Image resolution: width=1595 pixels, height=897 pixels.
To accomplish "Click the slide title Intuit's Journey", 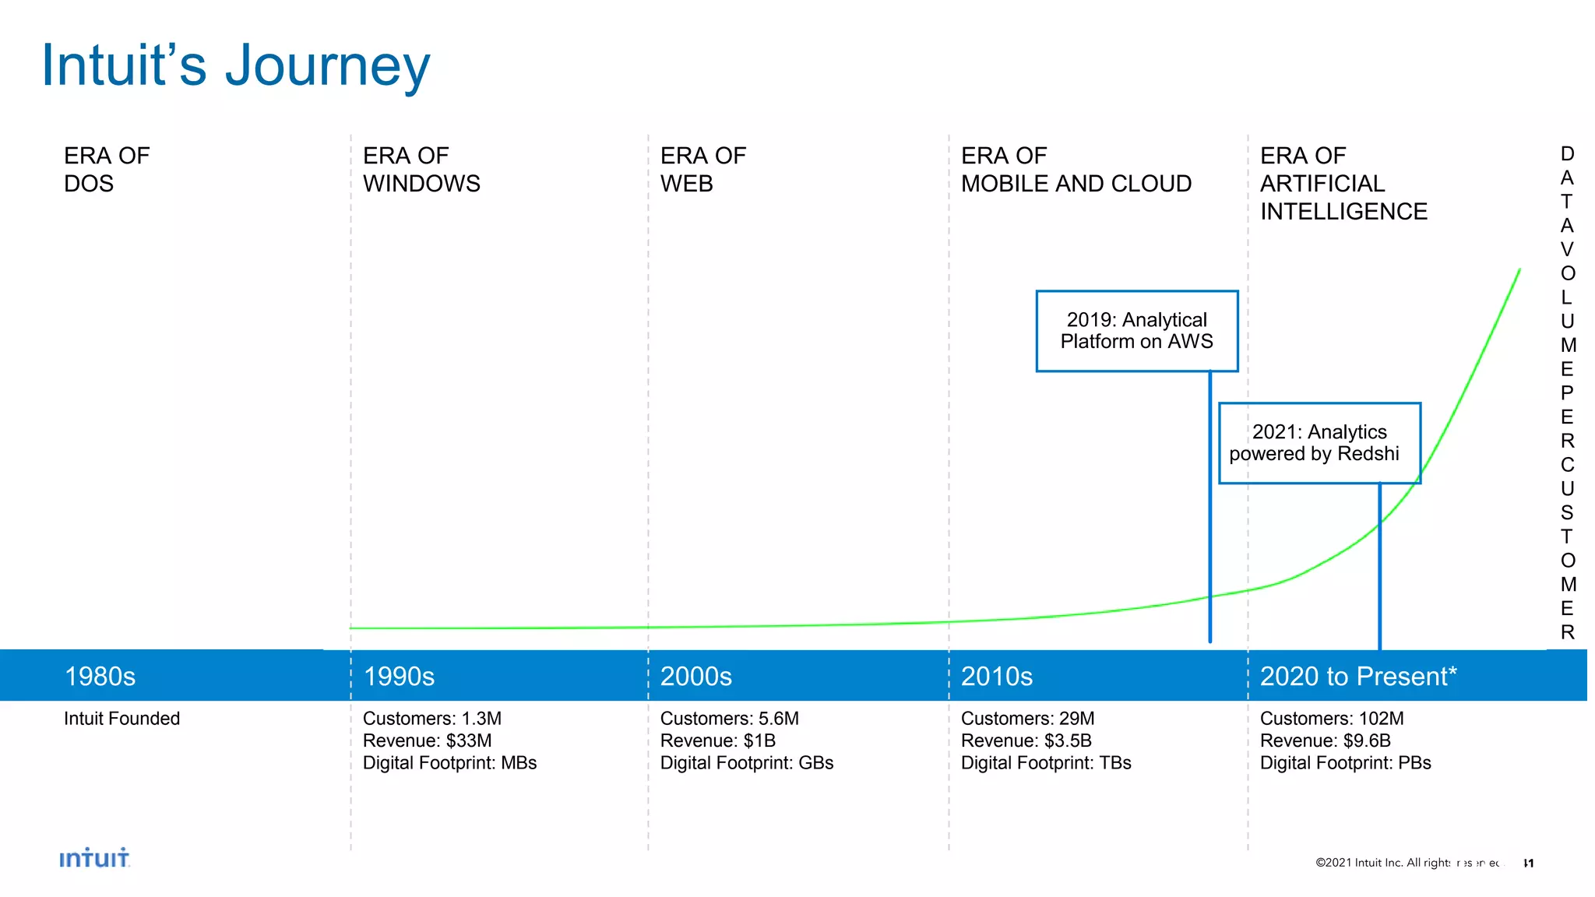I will (235, 65).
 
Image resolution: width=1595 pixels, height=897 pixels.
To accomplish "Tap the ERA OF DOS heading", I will (107, 169).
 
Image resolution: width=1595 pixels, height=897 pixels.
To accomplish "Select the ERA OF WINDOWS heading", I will (421, 169).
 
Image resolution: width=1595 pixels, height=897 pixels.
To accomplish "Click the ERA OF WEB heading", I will (702, 169).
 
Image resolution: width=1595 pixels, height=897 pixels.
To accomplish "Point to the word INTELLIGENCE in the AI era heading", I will (1343, 212).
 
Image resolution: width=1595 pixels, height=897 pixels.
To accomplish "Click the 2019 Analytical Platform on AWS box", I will (1136, 331).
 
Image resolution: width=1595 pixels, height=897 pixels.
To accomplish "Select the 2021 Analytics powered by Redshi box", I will (1319, 443).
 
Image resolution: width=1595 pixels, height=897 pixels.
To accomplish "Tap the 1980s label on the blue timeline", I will (100, 676).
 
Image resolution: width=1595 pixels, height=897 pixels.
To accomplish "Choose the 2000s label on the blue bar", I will (695, 676).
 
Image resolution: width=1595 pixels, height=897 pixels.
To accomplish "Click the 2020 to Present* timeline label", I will (1357, 676).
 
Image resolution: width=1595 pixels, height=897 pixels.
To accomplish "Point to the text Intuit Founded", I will (121, 719).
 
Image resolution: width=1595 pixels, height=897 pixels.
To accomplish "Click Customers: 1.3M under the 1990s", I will (431, 719).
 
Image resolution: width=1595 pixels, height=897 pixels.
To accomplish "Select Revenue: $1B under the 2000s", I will (717, 740).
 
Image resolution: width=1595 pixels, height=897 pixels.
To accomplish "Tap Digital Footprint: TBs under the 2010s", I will (1045, 763).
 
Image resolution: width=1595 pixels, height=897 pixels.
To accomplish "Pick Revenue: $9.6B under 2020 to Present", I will (1325, 740).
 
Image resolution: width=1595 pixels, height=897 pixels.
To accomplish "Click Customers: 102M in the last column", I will (1331, 719).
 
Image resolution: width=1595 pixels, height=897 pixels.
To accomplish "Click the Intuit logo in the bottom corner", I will (94, 858).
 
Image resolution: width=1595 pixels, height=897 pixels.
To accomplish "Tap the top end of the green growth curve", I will (1519, 271).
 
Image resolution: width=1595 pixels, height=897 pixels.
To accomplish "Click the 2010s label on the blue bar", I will (996, 676).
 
